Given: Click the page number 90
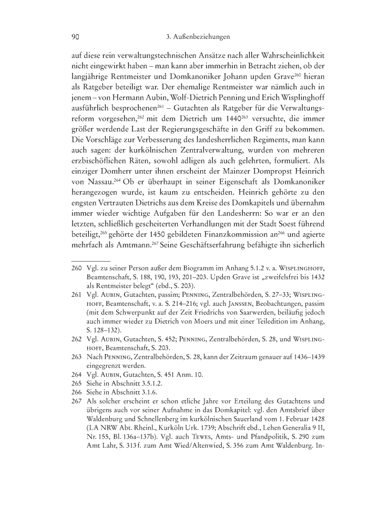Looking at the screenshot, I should pyautogui.click(x=75, y=37).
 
